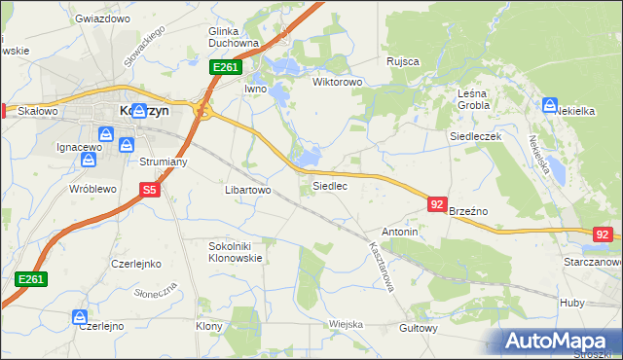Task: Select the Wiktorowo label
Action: click(x=337, y=82)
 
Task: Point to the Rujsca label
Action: click(x=402, y=61)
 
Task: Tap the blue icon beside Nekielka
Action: click(x=549, y=105)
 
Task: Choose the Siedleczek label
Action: click(x=475, y=137)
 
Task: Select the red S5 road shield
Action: click(x=148, y=191)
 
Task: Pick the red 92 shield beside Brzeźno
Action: click(x=437, y=204)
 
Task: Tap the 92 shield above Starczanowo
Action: click(x=604, y=234)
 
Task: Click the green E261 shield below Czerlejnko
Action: click(x=31, y=279)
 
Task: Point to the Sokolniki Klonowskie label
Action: click(x=237, y=253)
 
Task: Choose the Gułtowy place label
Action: click(x=419, y=330)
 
